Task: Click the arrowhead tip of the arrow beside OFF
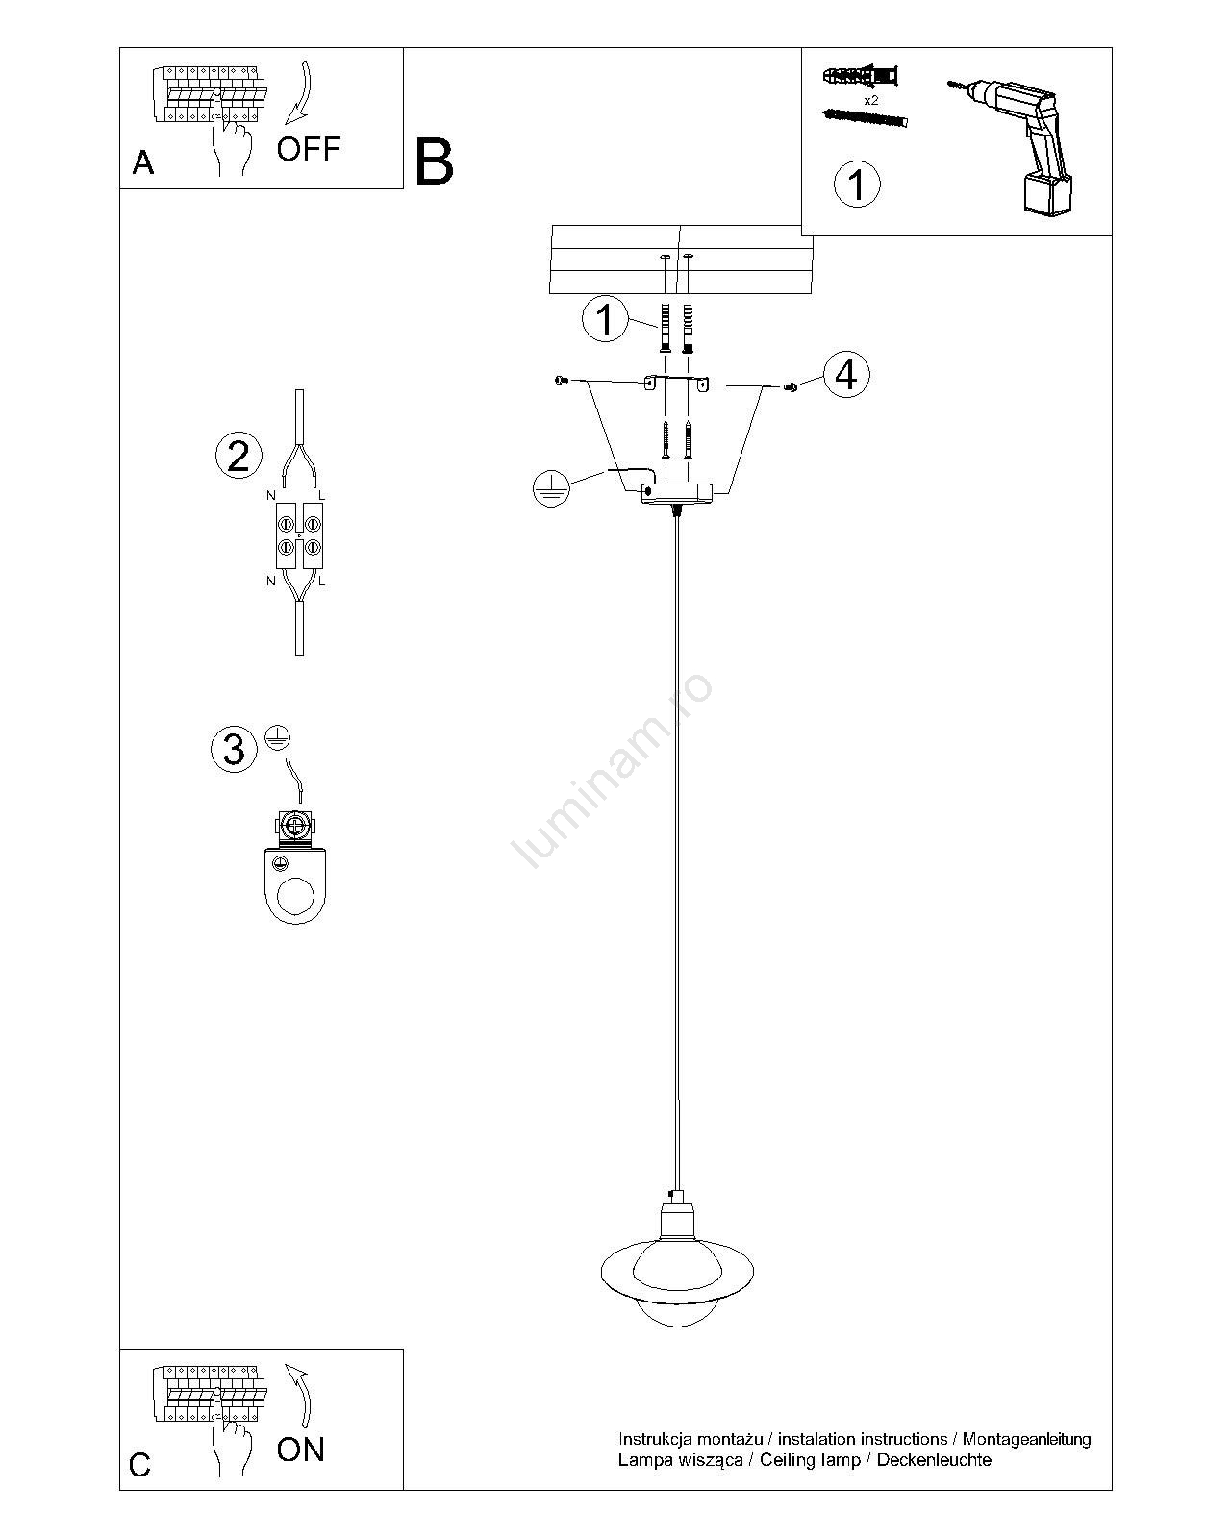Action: (x=287, y=125)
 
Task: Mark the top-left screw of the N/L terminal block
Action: (x=286, y=525)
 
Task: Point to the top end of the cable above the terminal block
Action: (x=300, y=390)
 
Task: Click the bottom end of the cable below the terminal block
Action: (x=300, y=654)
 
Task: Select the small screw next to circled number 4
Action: (x=791, y=386)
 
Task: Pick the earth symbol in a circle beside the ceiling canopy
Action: (x=551, y=489)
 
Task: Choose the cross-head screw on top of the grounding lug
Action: (x=294, y=826)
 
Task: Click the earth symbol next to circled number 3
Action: (x=277, y=736)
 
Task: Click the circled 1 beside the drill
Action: (x=857, y=184)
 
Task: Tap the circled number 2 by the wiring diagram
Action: (x=239, y=456)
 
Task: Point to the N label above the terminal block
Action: (x=270, y=495)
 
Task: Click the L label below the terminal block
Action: (x=322, y=581)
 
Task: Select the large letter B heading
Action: (x=434, y=161)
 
